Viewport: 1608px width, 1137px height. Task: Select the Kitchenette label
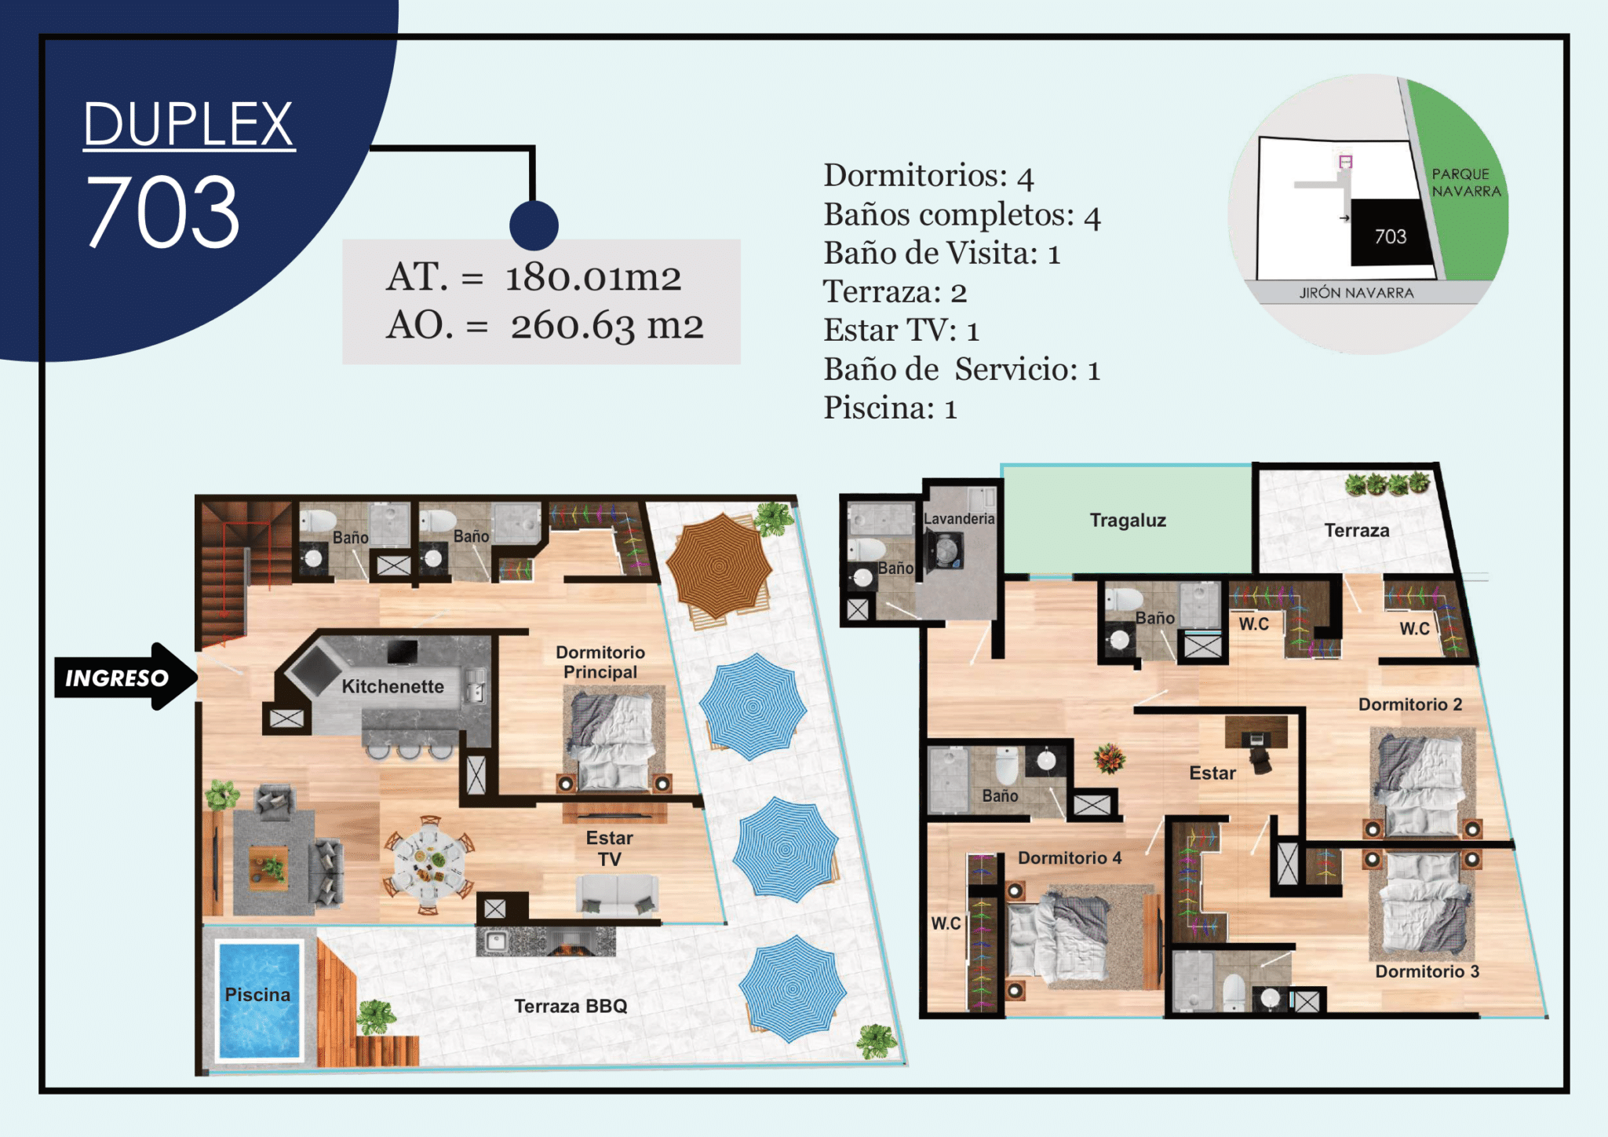392,686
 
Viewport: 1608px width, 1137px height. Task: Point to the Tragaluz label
1128,520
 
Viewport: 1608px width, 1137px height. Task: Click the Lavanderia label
959,518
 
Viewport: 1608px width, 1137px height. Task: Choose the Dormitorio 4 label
1070,857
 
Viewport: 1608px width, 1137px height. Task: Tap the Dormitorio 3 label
1427,971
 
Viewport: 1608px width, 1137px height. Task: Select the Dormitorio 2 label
1410,704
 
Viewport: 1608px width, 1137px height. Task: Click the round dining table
428,864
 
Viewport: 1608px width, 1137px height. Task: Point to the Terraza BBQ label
571,1006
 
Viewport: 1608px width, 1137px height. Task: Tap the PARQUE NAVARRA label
1466,183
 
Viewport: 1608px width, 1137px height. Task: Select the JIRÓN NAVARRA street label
1356,293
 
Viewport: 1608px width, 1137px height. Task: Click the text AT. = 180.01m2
534,276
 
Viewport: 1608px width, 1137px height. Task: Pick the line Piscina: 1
890,408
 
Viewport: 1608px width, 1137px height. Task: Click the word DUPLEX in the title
188,124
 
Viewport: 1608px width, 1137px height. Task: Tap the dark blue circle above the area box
534,225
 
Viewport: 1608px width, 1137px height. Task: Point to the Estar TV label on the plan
609,848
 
